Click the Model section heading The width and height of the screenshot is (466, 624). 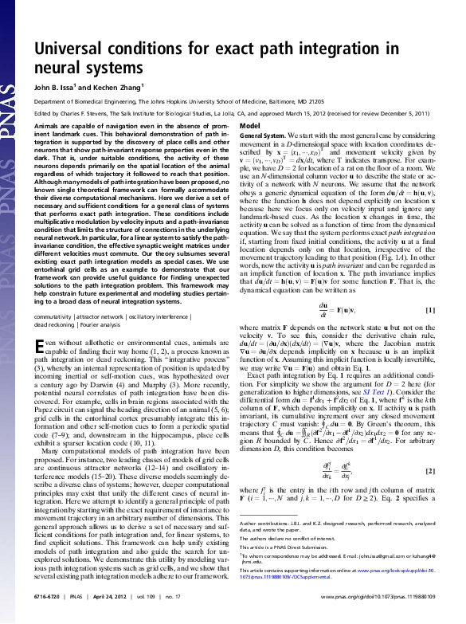pyautogui.click(x=250, y=127)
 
